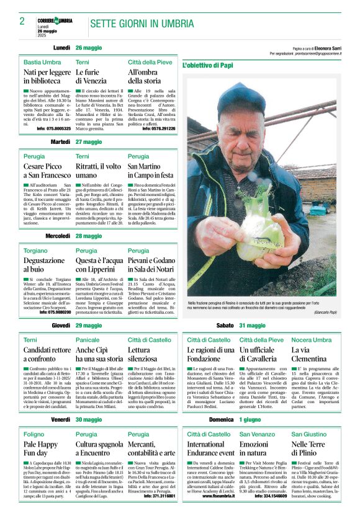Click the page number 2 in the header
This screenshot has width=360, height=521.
[22, 22]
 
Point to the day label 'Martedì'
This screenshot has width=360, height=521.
[60, 142]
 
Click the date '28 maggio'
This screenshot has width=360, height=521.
[89, 236]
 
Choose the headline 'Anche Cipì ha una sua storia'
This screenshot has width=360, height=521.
[99, 354]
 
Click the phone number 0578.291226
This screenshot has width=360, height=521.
[159, 128]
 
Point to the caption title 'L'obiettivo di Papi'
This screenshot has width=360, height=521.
[208, 65]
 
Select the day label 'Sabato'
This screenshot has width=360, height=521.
[225, 325]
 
